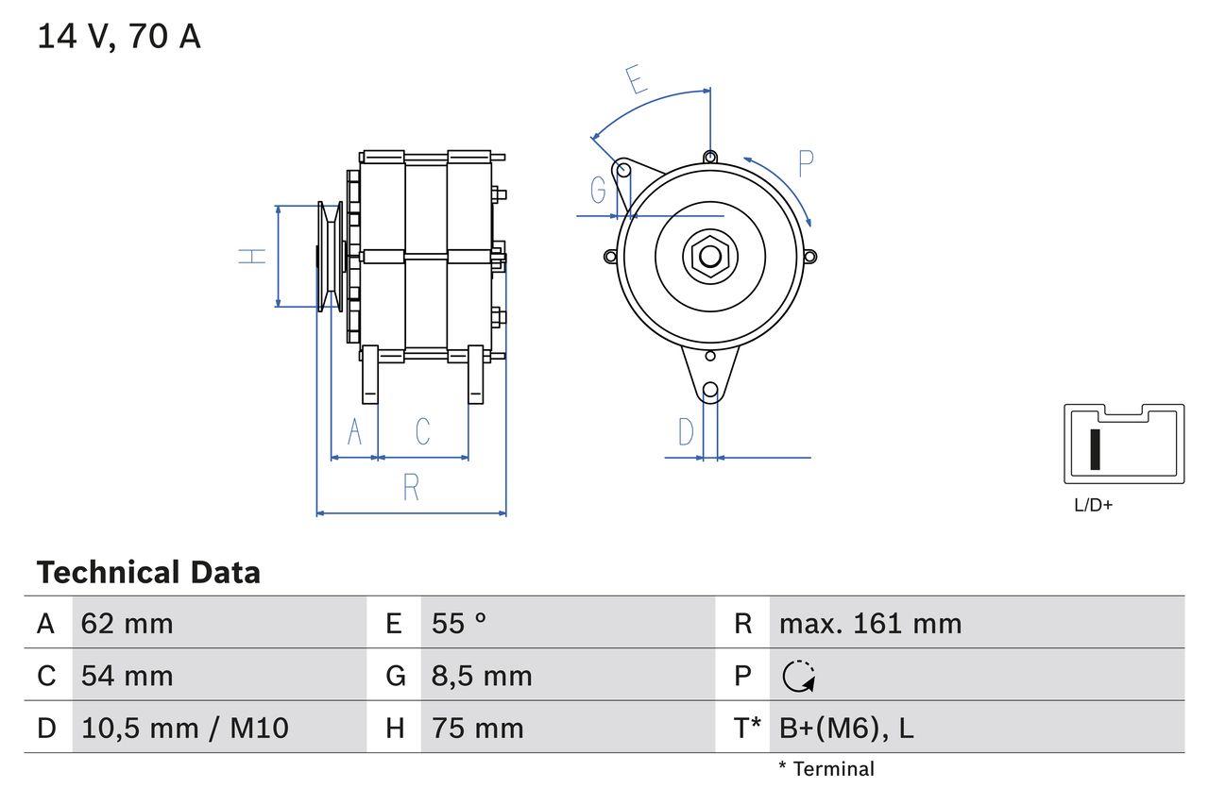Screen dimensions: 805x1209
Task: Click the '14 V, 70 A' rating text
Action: coord(119,37)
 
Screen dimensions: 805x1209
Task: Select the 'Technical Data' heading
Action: coord(148,573)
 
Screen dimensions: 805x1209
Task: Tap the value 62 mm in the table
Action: coord(127,624)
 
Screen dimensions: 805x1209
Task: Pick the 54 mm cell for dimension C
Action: coord(127,676)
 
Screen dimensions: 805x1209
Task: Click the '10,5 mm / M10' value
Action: coord(185,728)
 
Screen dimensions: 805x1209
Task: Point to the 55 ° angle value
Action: coord(459,624)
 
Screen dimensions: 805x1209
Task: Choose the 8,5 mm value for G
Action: coord(482,676)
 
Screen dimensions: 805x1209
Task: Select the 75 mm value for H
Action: coord(477,728)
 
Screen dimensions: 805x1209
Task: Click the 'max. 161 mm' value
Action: coord(870,624)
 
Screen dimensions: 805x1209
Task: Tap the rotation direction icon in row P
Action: coord(799,676)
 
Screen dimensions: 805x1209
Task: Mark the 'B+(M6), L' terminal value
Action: coord(846,728)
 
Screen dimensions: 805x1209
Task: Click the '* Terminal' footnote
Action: coord(826,769)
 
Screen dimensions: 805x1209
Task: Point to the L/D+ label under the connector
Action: coord(1094,505)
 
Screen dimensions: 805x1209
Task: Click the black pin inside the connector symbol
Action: coord(1096,449)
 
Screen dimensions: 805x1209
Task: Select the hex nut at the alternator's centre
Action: coord(708,256)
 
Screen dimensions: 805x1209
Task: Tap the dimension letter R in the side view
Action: coord(411,488)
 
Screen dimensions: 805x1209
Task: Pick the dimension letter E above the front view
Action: coord(638,81)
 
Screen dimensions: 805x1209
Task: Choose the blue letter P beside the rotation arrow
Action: coord(805,163)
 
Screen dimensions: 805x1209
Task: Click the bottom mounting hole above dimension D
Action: coord(710,390)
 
